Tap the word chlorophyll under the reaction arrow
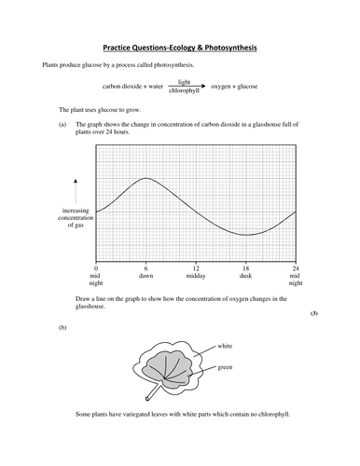click(182, 91)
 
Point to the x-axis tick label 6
click(146, 268)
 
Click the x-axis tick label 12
click(196, 268)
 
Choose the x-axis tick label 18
click(246, 268)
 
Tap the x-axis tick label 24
click(295, 268)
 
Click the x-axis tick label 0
click(96, 268)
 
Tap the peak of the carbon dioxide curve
click(145, 178)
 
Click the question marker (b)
click(62, 328)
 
